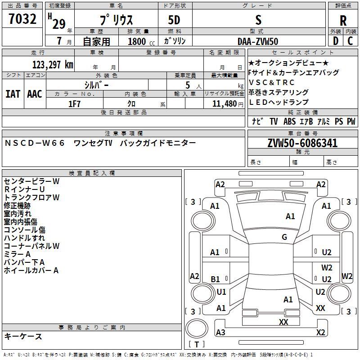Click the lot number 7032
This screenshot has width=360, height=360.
click(22, 19)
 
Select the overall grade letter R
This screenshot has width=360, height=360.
click(343, 21)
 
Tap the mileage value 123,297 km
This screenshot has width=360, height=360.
click(53, 65)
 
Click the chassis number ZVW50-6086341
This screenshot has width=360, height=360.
click(302, 143)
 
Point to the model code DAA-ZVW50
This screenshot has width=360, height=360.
click(258, 41)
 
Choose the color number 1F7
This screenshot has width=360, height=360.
click(74, 104)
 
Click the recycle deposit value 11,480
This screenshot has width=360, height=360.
click(225, 104)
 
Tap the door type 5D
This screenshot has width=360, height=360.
click(174, 20)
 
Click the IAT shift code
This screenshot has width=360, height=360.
click(13, 94)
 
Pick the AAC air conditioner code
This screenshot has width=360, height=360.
click(35, 94)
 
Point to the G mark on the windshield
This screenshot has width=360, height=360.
click(284, 237)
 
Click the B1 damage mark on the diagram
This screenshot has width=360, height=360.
click(215, 279)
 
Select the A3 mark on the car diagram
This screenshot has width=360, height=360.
click(220, 332)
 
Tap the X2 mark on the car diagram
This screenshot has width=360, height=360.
click(320, 332)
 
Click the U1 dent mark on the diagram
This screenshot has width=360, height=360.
click(221, 292)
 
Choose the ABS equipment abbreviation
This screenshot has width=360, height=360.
click(289, 121)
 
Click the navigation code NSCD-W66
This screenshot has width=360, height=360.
click(35, 143)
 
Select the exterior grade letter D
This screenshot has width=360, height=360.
click(336, 41)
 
